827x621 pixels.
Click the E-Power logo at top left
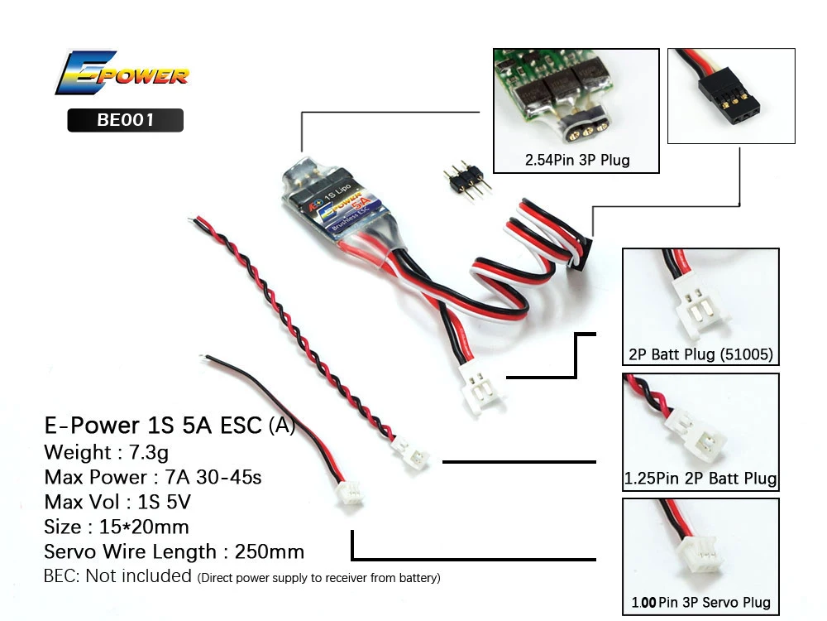[x=122, y=75]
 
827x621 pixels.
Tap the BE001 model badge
[x=125, y=120]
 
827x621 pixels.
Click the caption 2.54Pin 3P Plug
[x=576, y=159]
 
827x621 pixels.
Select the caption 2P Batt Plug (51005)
[x=700, y=355]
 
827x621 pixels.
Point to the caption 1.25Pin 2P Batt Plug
[x=700, y=479]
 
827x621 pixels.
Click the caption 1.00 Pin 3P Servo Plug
[x=700, y=602]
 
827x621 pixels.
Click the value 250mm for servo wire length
[x=270, y=551]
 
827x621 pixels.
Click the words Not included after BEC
[x=138, y=575]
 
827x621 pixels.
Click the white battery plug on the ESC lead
[x=475, y=386]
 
